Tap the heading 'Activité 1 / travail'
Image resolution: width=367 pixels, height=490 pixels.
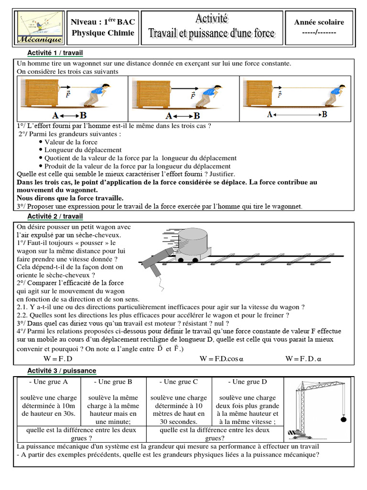55,53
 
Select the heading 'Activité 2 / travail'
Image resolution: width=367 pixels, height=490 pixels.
55,216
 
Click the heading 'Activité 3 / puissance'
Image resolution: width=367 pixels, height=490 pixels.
62,371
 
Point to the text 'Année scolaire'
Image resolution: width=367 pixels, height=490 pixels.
319,22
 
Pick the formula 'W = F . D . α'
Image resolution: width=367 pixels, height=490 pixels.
304,358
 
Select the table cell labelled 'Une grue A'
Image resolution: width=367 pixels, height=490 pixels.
49,382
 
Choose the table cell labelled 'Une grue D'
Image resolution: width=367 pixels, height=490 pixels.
247,382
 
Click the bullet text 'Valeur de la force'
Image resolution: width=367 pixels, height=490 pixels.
71,142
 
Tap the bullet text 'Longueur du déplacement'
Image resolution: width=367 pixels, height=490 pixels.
83,150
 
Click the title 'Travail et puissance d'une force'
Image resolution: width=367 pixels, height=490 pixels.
212,33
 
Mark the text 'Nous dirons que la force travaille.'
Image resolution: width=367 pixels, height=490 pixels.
70,198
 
